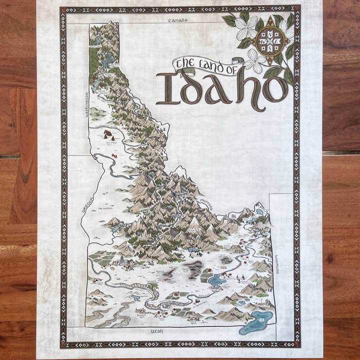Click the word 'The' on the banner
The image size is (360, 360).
pos(186,63)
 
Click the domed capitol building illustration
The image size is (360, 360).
pos(119,260)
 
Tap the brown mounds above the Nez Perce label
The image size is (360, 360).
pos(108,133)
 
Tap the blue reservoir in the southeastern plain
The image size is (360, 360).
pos(216,280)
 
